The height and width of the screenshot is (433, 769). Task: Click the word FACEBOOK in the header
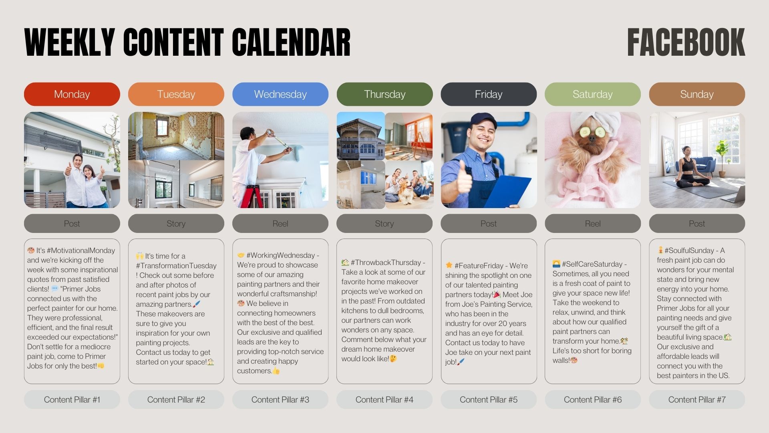coord(686,42)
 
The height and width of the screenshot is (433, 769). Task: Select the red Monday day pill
coord(72,94)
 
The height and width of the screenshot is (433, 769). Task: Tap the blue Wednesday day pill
coord(280,94)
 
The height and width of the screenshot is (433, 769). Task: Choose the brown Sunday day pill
coord(697,94)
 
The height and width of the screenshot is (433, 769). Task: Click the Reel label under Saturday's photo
coord(593,223)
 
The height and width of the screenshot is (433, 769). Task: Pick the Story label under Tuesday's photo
coord(176,223)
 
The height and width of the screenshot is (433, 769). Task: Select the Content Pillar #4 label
coord(384,399)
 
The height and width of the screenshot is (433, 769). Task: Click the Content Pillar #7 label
coord(697,399)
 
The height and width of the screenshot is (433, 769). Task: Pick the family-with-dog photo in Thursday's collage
coord(409,185)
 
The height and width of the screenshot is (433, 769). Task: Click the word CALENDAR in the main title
coord(291,42)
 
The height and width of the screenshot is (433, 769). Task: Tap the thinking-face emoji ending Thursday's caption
coord(393,358)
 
